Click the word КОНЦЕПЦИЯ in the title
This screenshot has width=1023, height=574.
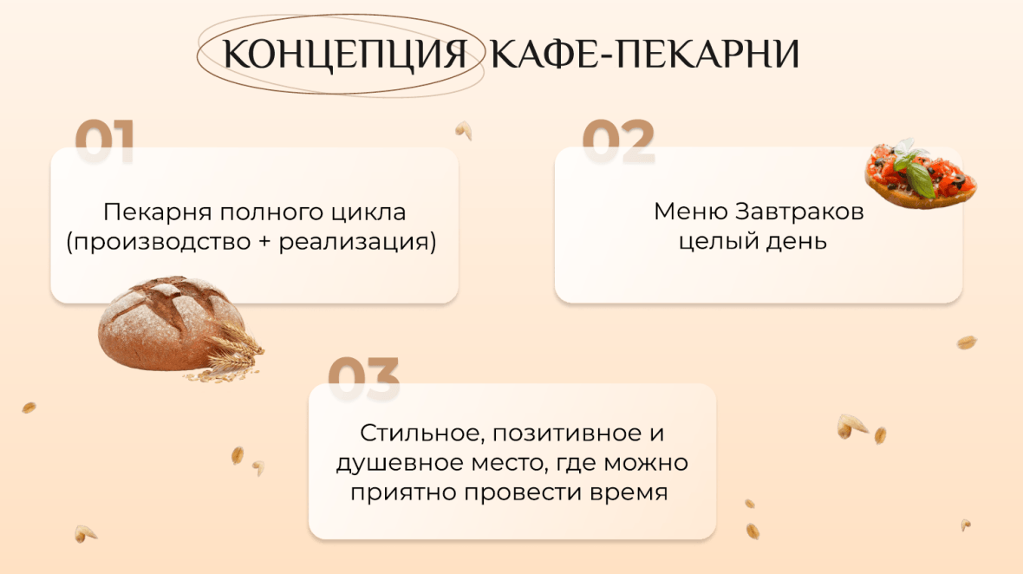click(344, 54)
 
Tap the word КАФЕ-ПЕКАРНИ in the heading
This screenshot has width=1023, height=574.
click(645, 54)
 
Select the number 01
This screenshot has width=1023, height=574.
click(105, 140)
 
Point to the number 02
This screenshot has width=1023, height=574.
click(618, 140)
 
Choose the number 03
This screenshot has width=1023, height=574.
click(363, 377)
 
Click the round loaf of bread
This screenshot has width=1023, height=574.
click(171, 323)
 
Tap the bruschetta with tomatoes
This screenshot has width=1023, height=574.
click(921, 175)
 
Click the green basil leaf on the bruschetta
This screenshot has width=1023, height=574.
click(921, 179)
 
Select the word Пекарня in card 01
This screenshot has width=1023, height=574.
click(157, 212)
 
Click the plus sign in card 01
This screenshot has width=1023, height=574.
click(264, 242)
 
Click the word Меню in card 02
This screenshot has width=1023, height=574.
click(691, 212)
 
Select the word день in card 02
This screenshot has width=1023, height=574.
click(796, 242)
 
